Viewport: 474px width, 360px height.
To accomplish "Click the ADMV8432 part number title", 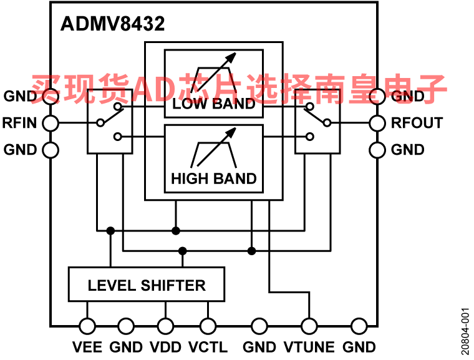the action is (x=112, y=24).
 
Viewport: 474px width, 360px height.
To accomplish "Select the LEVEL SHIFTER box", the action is (x=147, y=284).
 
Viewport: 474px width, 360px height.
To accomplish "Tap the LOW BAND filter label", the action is (x=214, y=104).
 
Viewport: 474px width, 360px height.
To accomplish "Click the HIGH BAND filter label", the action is (x=214, y=178).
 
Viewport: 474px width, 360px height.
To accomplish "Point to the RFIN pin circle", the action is (x=51, y=123).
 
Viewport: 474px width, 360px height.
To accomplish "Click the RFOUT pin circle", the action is (x=377, y=123).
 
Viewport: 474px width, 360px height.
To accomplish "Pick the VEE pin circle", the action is (x=87, y=326).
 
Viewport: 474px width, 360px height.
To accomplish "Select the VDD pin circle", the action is (x=166, y=326).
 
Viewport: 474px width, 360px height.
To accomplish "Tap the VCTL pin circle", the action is (x=208, y=326).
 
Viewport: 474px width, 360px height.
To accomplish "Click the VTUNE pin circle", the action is (x=309, y=326).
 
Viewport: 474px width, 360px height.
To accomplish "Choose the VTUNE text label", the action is (x=309, y=347).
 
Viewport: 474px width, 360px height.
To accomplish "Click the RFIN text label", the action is (x=20, y=123).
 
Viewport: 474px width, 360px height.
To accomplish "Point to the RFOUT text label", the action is (x=417, y=123).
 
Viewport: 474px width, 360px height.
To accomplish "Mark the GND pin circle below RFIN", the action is (x=51, y=150).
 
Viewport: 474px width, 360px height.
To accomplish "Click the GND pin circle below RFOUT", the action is (x=377, y=150).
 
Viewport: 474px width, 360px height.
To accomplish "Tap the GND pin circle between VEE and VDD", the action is (x=126, y=326).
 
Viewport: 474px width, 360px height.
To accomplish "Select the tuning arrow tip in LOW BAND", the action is (x=236, y=53).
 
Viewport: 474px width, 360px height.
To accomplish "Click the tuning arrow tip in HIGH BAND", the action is (x=236, y=128).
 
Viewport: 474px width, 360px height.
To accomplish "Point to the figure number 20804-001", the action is (x=465, y=331).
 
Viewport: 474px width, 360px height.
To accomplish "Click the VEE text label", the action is (x=87, y=347).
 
